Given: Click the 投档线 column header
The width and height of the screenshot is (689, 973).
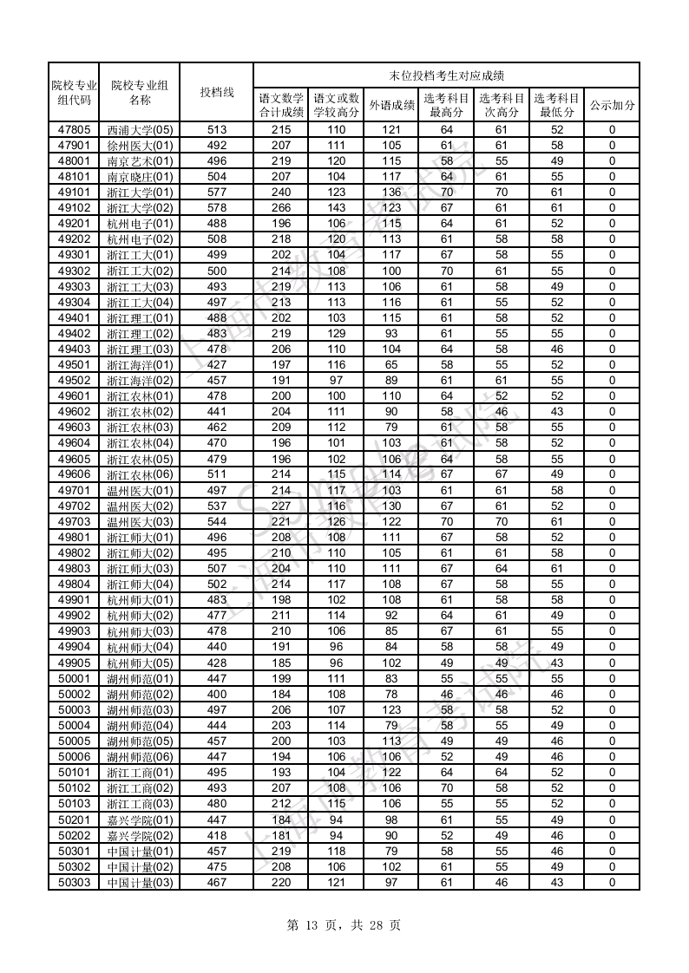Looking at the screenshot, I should point(216,92).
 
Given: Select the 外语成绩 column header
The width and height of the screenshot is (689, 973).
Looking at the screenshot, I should point(391,105).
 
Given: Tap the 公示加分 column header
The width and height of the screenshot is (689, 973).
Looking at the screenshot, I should point(612,105).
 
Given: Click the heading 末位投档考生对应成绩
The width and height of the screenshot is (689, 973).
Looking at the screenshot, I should point(446,75).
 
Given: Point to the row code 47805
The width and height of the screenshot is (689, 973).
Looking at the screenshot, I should point(74,129).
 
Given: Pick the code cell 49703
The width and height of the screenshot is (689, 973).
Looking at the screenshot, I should point(74,521).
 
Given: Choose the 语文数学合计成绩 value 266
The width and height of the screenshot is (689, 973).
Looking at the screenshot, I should point(281,208).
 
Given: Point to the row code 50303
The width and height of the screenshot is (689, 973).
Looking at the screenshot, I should point(74,883).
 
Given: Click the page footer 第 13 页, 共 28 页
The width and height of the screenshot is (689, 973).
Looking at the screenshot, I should point(344,925).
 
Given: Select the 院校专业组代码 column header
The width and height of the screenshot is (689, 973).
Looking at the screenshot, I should point(74,92).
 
